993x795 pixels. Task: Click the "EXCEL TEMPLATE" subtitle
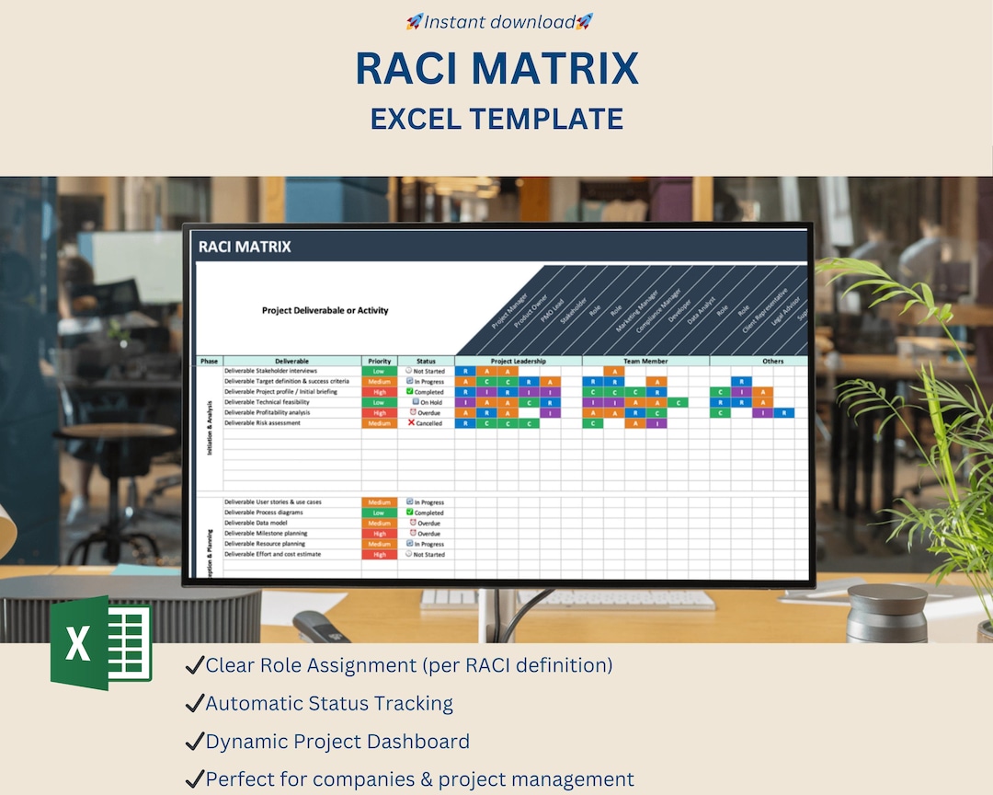coord(496,119)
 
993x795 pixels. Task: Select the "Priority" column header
coord(379,361)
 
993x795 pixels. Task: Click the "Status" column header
coord(426,361)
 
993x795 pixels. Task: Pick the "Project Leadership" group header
coord(519,361)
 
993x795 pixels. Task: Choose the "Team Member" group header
coord(645,361)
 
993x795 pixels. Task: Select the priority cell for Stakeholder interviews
coord(379,371)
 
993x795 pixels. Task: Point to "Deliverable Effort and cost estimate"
coord(272,554)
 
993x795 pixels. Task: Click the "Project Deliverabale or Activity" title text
coord(325,311)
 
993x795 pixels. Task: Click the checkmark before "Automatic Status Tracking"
coord(194,704)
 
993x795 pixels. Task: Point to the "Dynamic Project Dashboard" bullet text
coord(337,742)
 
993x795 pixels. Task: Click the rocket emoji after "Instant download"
coord(585,21)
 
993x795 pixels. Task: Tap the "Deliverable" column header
coord(291,361)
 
